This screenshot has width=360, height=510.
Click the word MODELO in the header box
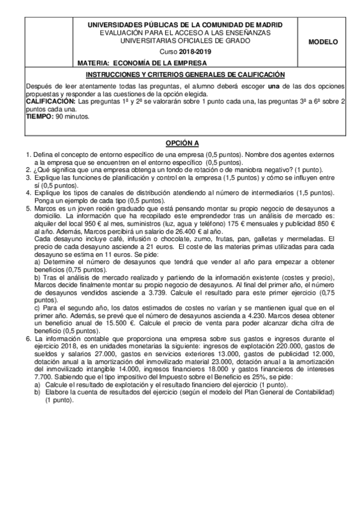click(323, 42)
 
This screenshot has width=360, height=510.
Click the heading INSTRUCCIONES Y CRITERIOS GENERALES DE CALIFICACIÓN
click(185, 75)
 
